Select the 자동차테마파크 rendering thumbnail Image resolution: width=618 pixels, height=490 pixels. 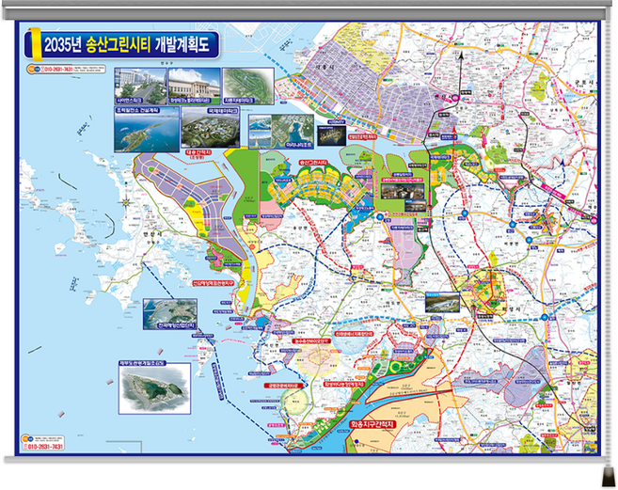(x=248, y=83)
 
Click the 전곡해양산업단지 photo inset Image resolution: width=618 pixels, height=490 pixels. (x=168, y=312)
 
